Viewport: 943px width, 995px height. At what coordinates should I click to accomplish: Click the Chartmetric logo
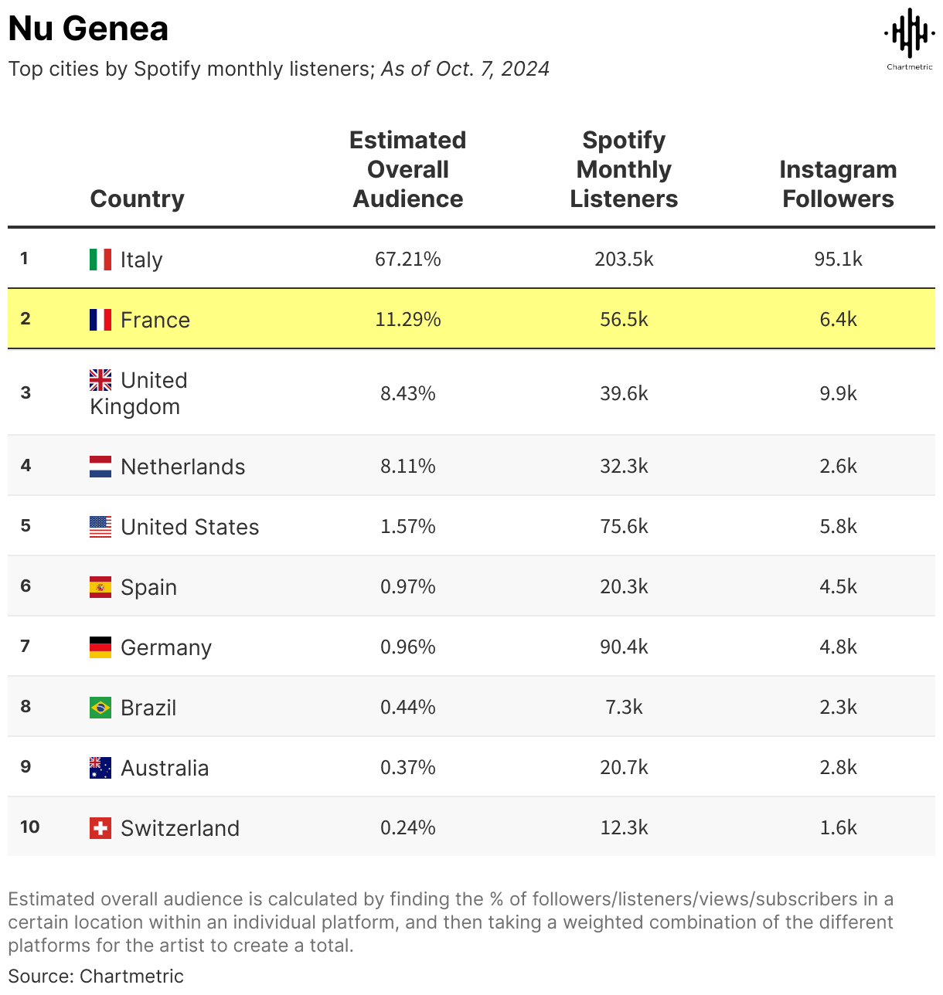tap(909, 37)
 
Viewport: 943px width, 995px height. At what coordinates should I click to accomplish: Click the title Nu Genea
tap(88, 29)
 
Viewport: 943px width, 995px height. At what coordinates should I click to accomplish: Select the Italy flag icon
tap(100, 260)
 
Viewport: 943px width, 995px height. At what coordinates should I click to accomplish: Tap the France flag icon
tap(100, 320)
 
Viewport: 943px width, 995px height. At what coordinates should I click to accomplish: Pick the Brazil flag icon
tap(100, 708)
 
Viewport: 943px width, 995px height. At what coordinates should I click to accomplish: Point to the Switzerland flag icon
tap(100, 828)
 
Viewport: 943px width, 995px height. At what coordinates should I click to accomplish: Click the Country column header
tap(137, 199)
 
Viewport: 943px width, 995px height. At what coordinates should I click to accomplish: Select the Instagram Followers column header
tap(838, 184)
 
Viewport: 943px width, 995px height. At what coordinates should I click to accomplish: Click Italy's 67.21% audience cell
tap(407, 259)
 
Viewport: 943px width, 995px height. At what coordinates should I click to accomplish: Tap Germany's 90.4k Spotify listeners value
tap(624, 647)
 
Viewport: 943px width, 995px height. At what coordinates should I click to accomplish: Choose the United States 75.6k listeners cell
tap(624, 526)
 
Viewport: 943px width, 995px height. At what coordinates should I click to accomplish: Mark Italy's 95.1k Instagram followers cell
tap(838, 259)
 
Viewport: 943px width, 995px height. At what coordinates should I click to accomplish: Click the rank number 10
tap(29, 827)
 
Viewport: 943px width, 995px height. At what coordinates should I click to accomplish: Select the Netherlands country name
tap(182, 467)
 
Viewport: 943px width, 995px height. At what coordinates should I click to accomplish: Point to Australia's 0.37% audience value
tap(407, 767)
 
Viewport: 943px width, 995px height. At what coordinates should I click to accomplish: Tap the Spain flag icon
tap(100, 587)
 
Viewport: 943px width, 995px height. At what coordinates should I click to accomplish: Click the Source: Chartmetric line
tap(96, 976)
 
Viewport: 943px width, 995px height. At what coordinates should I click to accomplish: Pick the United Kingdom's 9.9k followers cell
tap(838, 393)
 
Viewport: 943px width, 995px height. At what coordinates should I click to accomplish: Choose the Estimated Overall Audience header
tap(407, 169)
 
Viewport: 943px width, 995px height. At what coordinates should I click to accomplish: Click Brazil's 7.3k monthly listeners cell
tap(624, 707)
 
